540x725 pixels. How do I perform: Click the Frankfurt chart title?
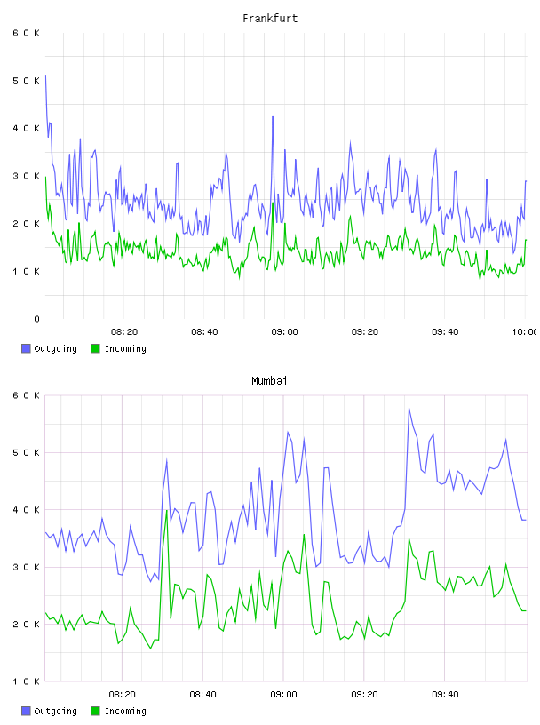270,19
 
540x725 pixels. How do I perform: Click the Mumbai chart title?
269,381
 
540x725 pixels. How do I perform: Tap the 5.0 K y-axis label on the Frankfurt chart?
26,81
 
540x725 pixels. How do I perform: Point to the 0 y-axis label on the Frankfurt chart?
36,319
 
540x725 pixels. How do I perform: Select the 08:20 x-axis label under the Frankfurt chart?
124,332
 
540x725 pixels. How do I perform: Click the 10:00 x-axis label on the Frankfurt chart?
524,332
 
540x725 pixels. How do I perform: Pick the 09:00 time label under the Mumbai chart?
284,695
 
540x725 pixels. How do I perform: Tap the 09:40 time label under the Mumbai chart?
445,695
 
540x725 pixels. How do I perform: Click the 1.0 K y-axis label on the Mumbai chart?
26,681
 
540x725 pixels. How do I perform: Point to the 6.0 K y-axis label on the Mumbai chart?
26,395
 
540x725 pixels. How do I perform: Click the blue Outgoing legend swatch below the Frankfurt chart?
26,348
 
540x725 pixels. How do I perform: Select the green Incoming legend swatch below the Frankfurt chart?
95,348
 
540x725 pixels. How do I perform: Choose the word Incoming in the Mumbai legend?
125,711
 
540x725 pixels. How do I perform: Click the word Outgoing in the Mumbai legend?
55,711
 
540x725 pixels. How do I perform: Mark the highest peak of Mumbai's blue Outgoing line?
409,407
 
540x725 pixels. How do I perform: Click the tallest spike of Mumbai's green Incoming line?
166,511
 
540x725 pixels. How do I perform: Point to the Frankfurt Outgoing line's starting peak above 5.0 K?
45,76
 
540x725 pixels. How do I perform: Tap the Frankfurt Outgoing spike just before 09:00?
273,116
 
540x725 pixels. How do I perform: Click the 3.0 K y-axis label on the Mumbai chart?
26,567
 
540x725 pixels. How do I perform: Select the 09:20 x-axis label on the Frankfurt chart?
365,332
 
